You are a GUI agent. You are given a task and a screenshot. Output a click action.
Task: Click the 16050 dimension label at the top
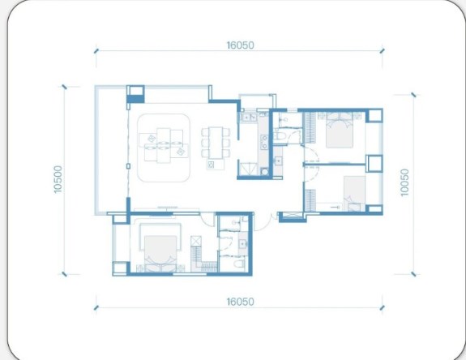click(x=241, y=45)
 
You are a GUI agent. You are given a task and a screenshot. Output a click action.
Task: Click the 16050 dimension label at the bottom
click(x=241, y=302)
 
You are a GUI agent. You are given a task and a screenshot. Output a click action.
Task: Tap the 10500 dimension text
click(x=58, y=179)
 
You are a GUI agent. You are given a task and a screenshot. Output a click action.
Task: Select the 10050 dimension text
click(x=404, y=182)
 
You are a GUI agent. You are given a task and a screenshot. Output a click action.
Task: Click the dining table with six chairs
click(x=216, y=143)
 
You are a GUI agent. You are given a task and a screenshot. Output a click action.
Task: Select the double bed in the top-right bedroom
click(x=340, y=131)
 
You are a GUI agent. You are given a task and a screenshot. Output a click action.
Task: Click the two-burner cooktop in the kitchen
click(x=264, y=142)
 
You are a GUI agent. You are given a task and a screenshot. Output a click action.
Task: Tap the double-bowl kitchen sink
click(x=249, y=118)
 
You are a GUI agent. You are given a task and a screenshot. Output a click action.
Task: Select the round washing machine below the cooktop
click(x=264, y=172)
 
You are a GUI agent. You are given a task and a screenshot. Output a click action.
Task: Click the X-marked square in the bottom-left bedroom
click(x=196, y=241)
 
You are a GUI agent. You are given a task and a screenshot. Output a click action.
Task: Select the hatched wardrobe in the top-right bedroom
click(x=310, y=128)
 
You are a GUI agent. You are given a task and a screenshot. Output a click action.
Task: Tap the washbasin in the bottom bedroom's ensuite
click(x=243, y=244)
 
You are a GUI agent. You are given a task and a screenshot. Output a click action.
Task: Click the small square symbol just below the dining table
click(x=211, y=165)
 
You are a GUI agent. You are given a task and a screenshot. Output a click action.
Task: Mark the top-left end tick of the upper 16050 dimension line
click(x=96, y=51)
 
